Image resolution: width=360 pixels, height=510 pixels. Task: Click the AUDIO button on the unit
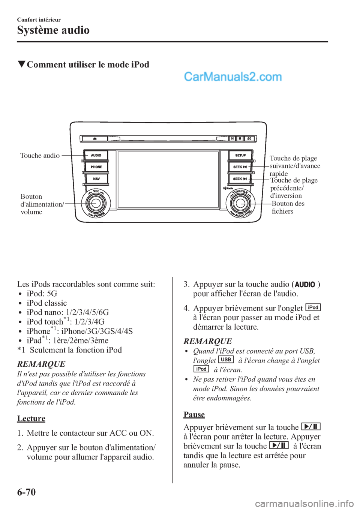pyautogui.click(x=96, y=155)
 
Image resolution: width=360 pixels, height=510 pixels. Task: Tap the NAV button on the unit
pyautogui.click(x=96, y=179)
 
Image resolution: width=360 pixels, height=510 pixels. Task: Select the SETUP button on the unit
pyautogui.click(x=240, y=155)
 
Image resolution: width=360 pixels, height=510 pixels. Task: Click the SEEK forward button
pyautogui.click(x=240, y=167)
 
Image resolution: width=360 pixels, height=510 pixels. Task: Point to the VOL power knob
pyautogui.click(x=96, y=203)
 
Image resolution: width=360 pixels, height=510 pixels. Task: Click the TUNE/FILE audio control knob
pyautogui.click(x=240, y=203)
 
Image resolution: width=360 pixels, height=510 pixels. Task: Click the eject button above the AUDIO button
pyautogui.click(x=95, y=139)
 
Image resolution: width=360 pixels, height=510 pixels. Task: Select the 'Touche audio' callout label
pyautogui.click(x=40, y=156)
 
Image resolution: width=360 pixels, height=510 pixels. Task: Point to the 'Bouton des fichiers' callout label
pyautogui.click(x=288, y=207)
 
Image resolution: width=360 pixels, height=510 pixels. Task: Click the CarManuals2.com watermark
pyautogui.click(x=233, y=77)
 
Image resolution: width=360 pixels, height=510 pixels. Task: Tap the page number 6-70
pyautogui.click(x=26, y=492)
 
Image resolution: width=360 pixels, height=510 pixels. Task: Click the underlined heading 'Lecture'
pyautogui.click(x=31, y=418)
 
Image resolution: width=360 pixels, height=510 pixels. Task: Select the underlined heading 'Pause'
pyautogui.click(x=194, y=414)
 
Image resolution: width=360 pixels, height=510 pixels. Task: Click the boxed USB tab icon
pyautogui.click(x=226, y=360)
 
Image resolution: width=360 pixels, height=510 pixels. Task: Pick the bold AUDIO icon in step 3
pyautogui.click(x=305, y=285)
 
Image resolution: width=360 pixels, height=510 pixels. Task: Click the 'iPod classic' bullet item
pyautogui.click(x=46, y=303)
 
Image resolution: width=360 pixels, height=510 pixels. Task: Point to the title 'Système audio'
pyautogui.click(x=53, y=30)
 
